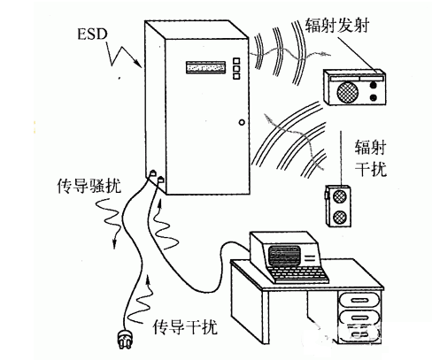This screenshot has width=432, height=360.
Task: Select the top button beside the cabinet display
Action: click(236, 61)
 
